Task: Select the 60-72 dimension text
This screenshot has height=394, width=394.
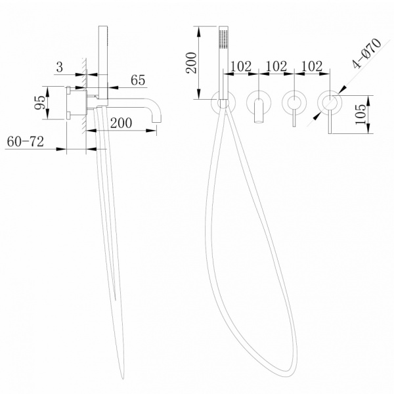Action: [26, 141]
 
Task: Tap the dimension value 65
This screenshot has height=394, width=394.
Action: [138, 80]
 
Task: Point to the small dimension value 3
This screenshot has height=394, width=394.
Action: [59, 67]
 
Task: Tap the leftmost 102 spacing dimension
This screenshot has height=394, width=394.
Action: [242, 67]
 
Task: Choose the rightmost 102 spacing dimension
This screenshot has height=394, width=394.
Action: [312, 67]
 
